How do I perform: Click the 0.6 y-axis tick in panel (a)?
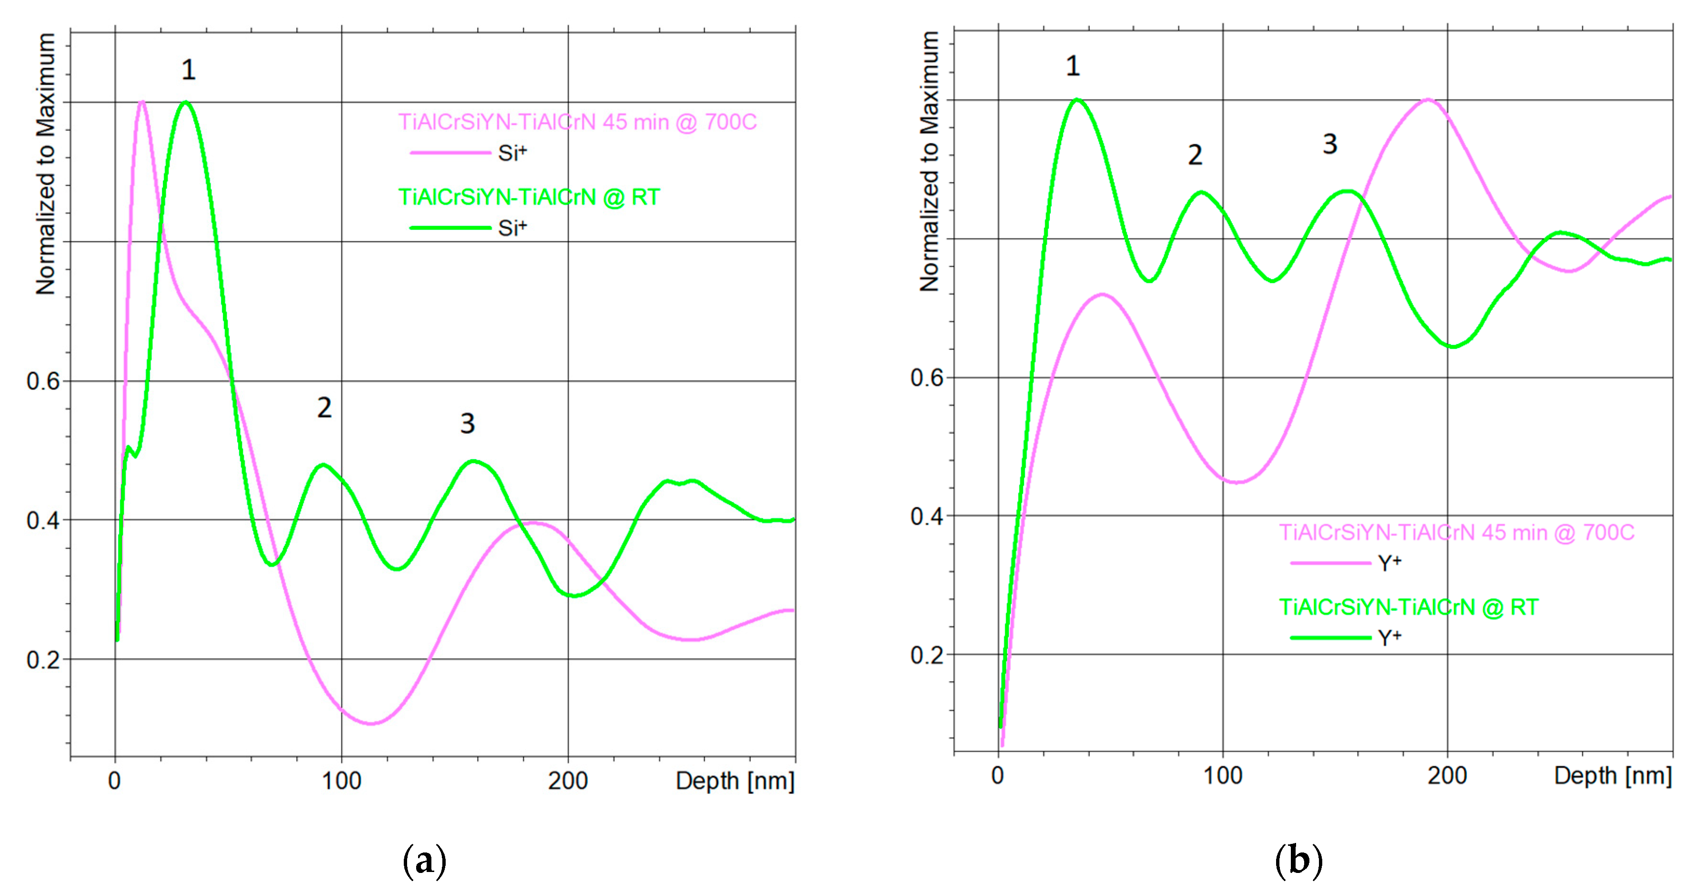pos(43,381)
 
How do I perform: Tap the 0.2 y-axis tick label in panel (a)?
pos(43,660)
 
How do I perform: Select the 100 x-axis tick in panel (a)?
pos(341,781)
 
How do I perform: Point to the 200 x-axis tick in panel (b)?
pos(1447,775)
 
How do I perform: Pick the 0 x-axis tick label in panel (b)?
pos(998,775)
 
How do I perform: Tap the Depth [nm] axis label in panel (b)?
pos(1613,775)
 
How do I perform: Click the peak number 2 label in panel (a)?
pos(324,408)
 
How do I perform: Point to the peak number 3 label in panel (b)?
pos(1330,144)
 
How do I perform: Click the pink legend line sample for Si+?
pos(450,153)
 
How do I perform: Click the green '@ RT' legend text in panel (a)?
pos(529,197)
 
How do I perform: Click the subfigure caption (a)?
pos(424,861)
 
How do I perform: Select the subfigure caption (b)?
pos(1298,861)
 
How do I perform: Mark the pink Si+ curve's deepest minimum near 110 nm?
pos(371,723)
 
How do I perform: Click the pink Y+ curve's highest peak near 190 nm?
pos(1427,100)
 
